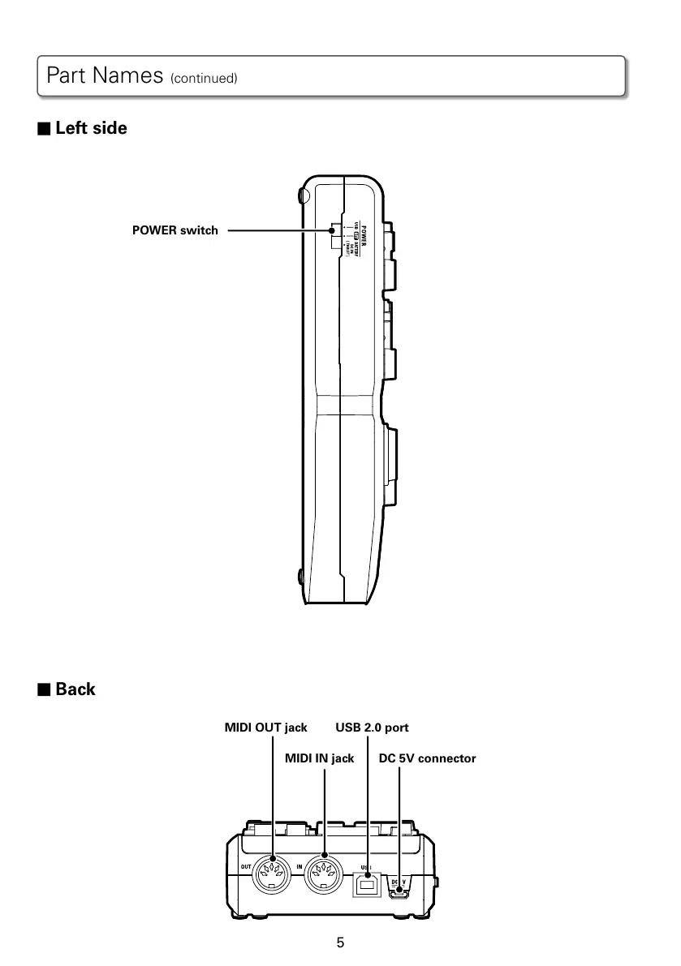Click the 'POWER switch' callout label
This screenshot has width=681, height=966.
pos(175,231)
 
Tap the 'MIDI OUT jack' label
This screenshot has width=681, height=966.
pos(265,728)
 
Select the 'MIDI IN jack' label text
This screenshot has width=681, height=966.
pos(319,759)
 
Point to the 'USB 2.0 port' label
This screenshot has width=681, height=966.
pos(372,728)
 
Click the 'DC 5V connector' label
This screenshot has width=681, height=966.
pos(427,759)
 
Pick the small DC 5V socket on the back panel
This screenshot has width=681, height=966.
pos(399,894)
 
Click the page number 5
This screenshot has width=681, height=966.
pos(340,942)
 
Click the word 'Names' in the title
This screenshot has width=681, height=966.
pos(127,76)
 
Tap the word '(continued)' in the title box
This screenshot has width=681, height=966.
pos(203,79)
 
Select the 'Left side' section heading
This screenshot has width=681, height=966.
pos(91,128)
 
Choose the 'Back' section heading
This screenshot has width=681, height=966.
pos(75,689)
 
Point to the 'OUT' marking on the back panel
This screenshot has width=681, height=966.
pos(245,868)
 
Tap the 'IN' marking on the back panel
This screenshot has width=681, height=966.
pos(299,868)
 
